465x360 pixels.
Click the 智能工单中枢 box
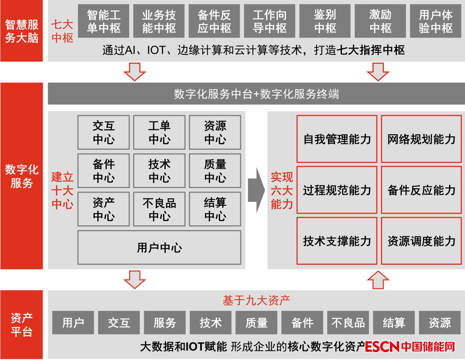pos(104,22)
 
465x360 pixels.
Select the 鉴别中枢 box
pos(325,22)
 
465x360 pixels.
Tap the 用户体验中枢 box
pos(436,22)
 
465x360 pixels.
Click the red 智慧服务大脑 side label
pos(22,31)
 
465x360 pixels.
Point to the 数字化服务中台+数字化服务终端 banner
pos(256,94)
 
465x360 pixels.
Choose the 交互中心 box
pos(103,133)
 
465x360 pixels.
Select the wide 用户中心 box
pos(159,248)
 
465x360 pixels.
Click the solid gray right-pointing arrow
pos(257,189)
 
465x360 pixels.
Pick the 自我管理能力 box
pos(337,139)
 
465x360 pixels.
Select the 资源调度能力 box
pos(422,241)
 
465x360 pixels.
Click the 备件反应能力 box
pos(422,190)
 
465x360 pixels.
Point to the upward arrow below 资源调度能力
pos(378,279)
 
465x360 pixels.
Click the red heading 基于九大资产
pos(256,300)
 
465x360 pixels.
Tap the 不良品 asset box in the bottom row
pos(348,323)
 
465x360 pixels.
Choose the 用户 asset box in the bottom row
pos(73,323)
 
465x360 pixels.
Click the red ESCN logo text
pos(382,346)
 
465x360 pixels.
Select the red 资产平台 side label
pos(22,325)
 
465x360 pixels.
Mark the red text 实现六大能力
pos(282,190)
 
